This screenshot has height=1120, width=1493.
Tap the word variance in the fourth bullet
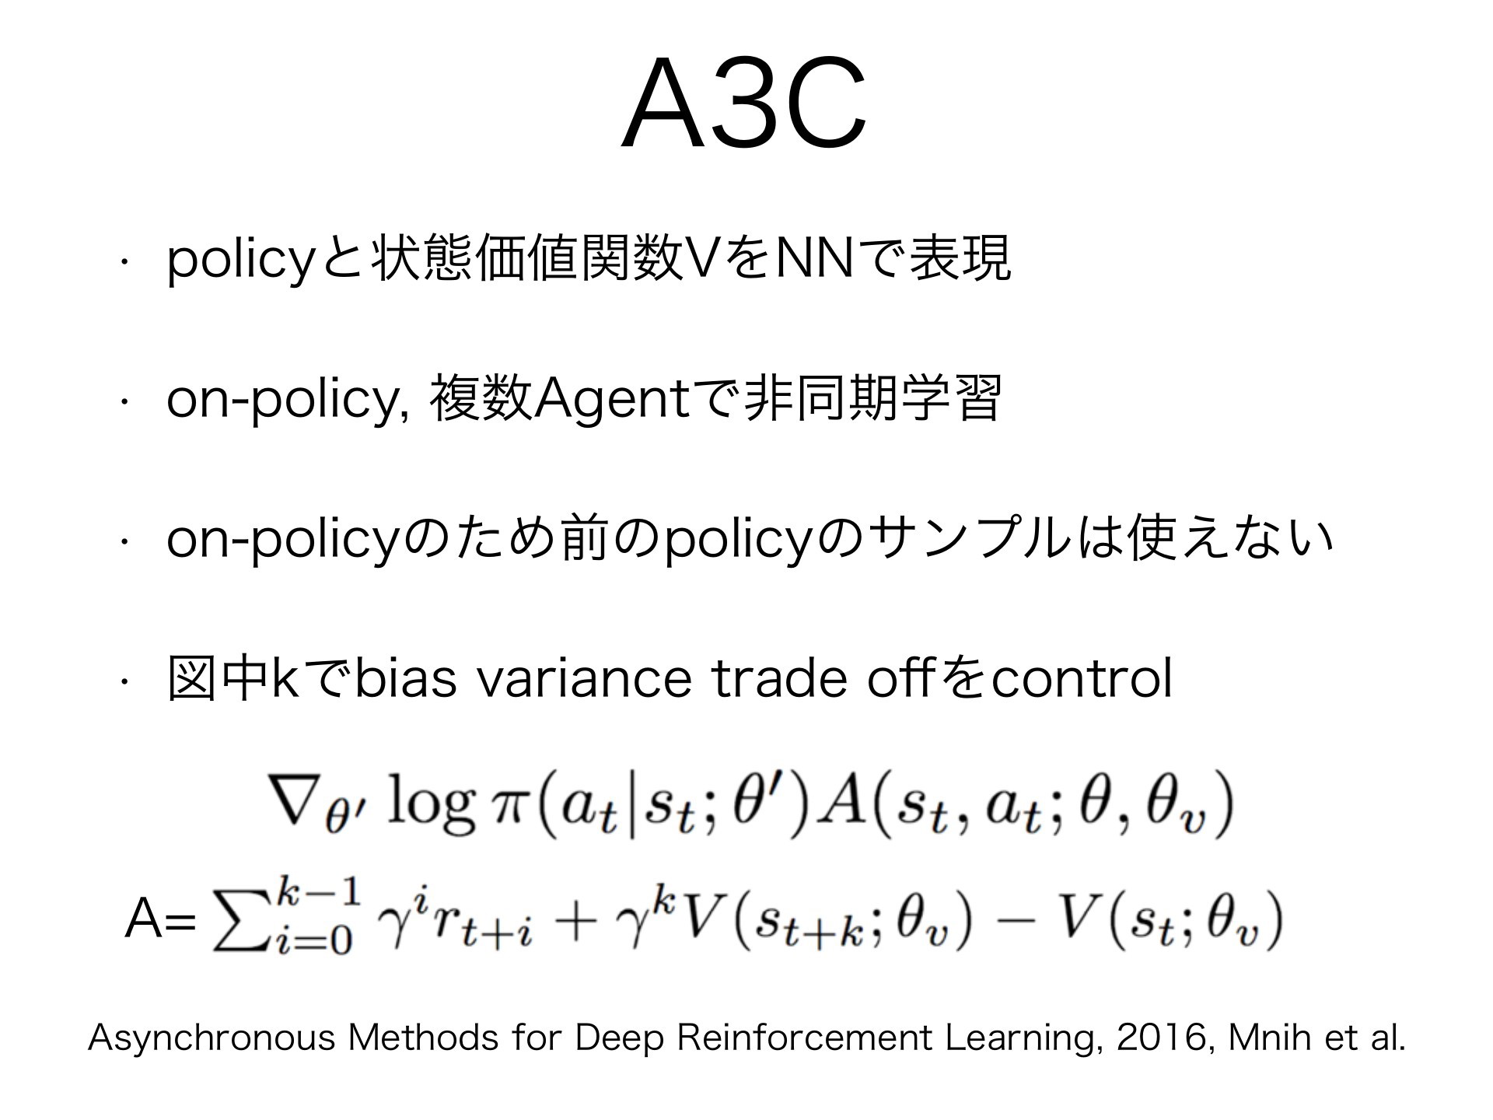click(x=583, y=678)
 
